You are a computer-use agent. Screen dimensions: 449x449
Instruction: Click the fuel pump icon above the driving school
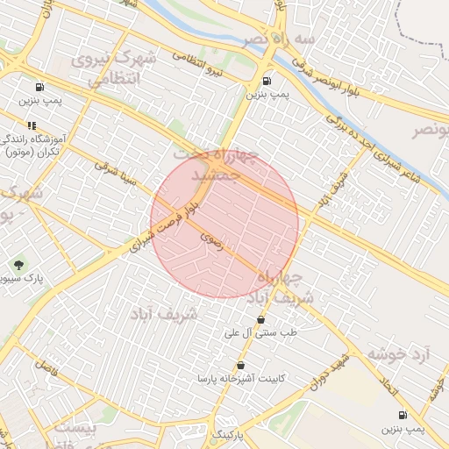pos(40,88)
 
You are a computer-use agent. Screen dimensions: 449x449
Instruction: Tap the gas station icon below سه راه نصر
pos(267,81)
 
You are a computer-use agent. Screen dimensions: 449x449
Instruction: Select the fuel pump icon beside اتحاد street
pos(402,415)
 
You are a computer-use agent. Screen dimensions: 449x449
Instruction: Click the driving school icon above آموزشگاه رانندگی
pos(32,125)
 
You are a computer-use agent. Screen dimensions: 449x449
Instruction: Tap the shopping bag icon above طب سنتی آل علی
pos(260,319)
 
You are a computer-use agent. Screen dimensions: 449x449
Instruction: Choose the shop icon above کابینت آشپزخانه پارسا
pos(240,364)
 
